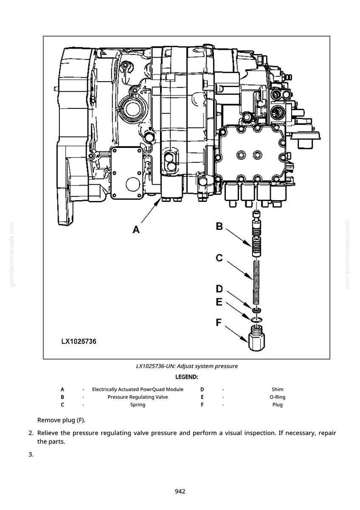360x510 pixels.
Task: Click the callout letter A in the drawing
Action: pyautogui.click(x=136, y=230)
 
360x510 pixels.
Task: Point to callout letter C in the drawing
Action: pyautogui.click(x=219, y=258)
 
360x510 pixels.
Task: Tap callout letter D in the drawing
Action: pyautogui.click(x=219, y=289)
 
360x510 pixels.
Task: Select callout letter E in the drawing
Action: pyautogui.click(x=219, y=302)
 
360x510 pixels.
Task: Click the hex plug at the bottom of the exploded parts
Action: pyautogui.click(x=257, y=338)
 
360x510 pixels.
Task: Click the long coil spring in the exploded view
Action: pyautogui.click(x=257, y=283)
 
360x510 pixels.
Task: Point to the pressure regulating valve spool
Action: pyautogui.click(x=257, y=233)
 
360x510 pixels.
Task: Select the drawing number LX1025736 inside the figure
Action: pyautogui.click(x=78, y=342)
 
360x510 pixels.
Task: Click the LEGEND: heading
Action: pyautogui.click(x=186, y=378)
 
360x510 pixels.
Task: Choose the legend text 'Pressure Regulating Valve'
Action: pyautogui.click(x=138, y=397)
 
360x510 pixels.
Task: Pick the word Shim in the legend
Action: pyautogui.click(x=277, y=389)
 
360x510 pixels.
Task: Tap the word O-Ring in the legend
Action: pyautogui.click(x=277, y=397)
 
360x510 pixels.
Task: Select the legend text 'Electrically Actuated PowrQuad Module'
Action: pyautogui.click(x=138, y=389)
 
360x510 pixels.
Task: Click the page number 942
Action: pyautogui.click(x=180, y=491)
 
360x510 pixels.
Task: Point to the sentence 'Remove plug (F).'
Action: pyautogui.click(x=61, y=420)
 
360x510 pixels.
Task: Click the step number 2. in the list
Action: pyautogui.click(x=31, y=433)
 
